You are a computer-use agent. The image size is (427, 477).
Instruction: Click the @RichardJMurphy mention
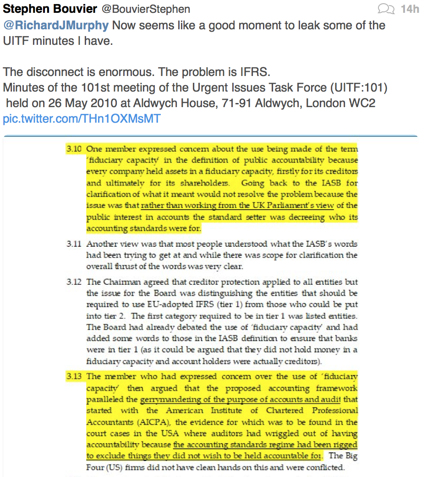[56, 25]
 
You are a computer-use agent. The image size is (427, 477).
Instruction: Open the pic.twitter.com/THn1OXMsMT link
[82, 119]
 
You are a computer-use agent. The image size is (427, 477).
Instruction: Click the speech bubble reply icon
[385, 9]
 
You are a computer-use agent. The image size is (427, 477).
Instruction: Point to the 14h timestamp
[410, 9]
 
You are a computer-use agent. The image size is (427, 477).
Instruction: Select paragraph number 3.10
[73, 149]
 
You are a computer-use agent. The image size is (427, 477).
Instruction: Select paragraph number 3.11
[73, 244]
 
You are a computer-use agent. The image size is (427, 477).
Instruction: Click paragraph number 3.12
[73, 282]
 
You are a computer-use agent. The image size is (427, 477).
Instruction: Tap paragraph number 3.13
[73, 376]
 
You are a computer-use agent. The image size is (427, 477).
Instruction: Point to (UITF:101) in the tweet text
[354, 87]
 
